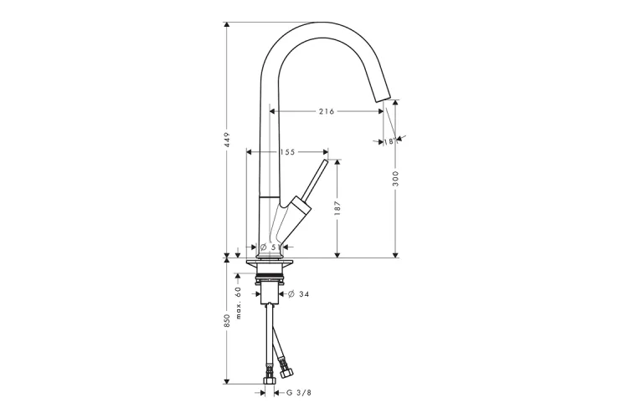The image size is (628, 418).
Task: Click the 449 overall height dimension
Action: (227, 140)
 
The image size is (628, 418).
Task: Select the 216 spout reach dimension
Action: (327, 111)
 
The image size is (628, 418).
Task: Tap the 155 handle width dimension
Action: (287, 152)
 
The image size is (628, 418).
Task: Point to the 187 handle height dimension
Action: (337, 208)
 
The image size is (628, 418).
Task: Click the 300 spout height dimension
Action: (396, 178)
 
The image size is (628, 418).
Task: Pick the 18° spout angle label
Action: (389, 141)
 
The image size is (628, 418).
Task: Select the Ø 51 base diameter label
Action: (270, 247)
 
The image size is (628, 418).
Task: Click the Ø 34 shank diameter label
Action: (299, 294)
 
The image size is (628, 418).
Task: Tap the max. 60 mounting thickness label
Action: (239, 303)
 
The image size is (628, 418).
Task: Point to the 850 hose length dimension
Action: (227, 321)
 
